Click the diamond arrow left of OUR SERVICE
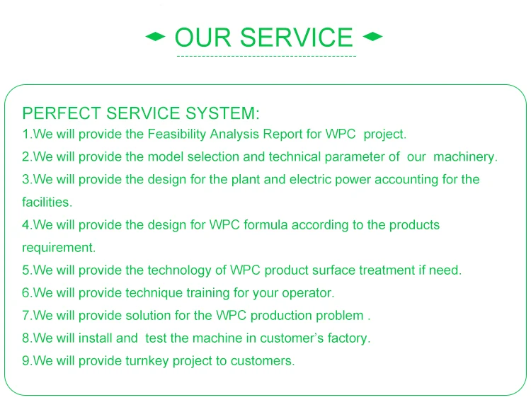tap(156, 37)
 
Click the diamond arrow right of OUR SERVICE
tap(372, 36)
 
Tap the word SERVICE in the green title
tap(297, 38)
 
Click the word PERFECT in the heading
tap(62, 113)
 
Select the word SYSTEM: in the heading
tap(222, 113)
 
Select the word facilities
tap(47, 202)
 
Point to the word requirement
tap(59, 248)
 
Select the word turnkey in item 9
tap(147, 361)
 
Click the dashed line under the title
tap(266, 56)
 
